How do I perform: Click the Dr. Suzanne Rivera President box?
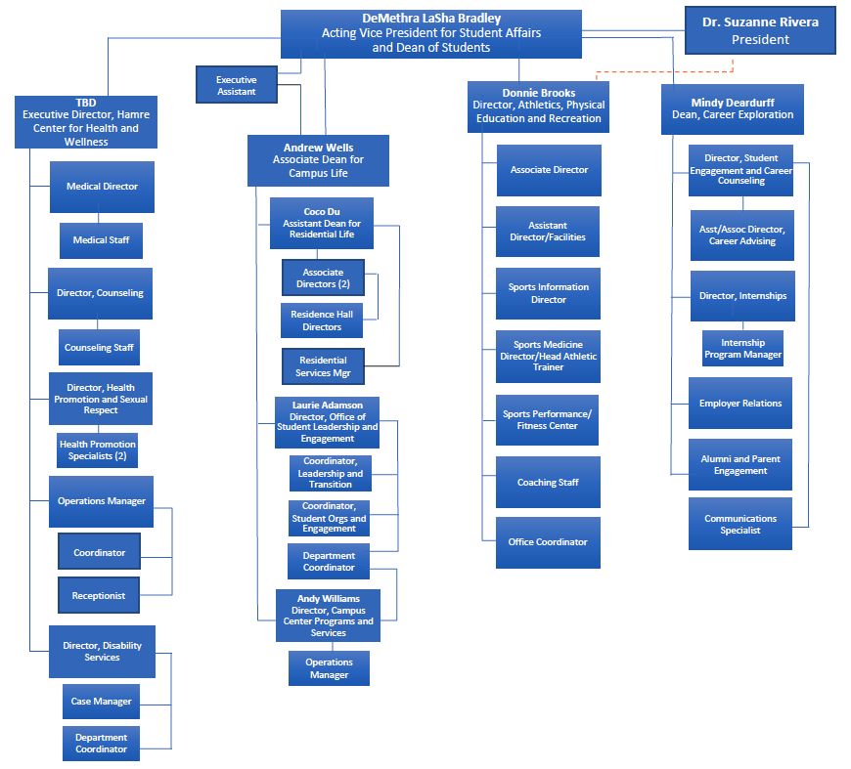(760, 31)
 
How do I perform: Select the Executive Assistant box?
(236, 85)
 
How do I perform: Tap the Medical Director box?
(102, 187)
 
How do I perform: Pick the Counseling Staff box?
(100, 348)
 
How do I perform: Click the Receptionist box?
(98, 594)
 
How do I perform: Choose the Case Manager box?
(101, 702)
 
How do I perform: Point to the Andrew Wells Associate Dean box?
(318, 160)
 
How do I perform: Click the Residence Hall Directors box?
(322, 320)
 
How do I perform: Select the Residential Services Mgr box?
(323, 366)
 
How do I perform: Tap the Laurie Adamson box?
(328, 422)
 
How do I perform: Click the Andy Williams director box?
(328, 616)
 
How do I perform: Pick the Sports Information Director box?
(548, 293)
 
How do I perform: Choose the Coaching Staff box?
(548, 483)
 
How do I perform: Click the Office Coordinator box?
(548, 542)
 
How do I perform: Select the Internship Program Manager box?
(742, 349)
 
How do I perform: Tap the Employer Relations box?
(740, 404)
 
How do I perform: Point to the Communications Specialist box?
(740, 525)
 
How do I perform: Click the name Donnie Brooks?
(539, 93)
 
